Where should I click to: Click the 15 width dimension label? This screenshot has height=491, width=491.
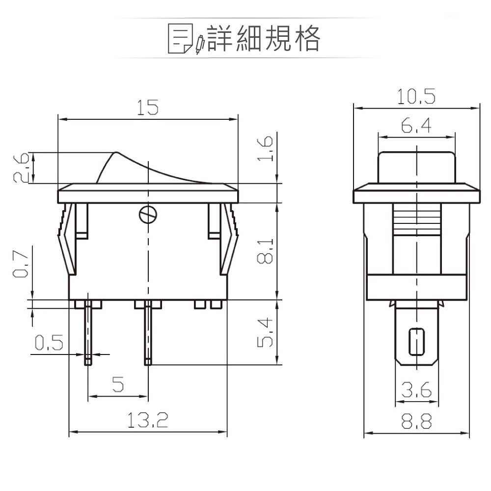coord(148,108)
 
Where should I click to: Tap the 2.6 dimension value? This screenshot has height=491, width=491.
coord(20,167)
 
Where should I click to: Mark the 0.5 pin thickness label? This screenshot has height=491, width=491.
coord(49,342)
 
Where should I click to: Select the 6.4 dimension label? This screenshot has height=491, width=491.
coord(416,126)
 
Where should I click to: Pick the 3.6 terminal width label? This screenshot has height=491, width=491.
coord(416,390)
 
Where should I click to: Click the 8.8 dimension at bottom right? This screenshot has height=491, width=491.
coord(416,421)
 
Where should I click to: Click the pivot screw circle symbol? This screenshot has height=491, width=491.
coord(148,214)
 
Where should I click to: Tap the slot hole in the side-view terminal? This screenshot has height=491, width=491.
coord(416,341)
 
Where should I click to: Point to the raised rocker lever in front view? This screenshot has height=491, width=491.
coord(118,167)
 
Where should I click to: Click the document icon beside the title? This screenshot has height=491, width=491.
coord(180,38)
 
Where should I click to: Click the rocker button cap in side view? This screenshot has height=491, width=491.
coord(416,167)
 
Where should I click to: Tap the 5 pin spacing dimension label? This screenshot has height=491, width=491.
coord(118,384)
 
